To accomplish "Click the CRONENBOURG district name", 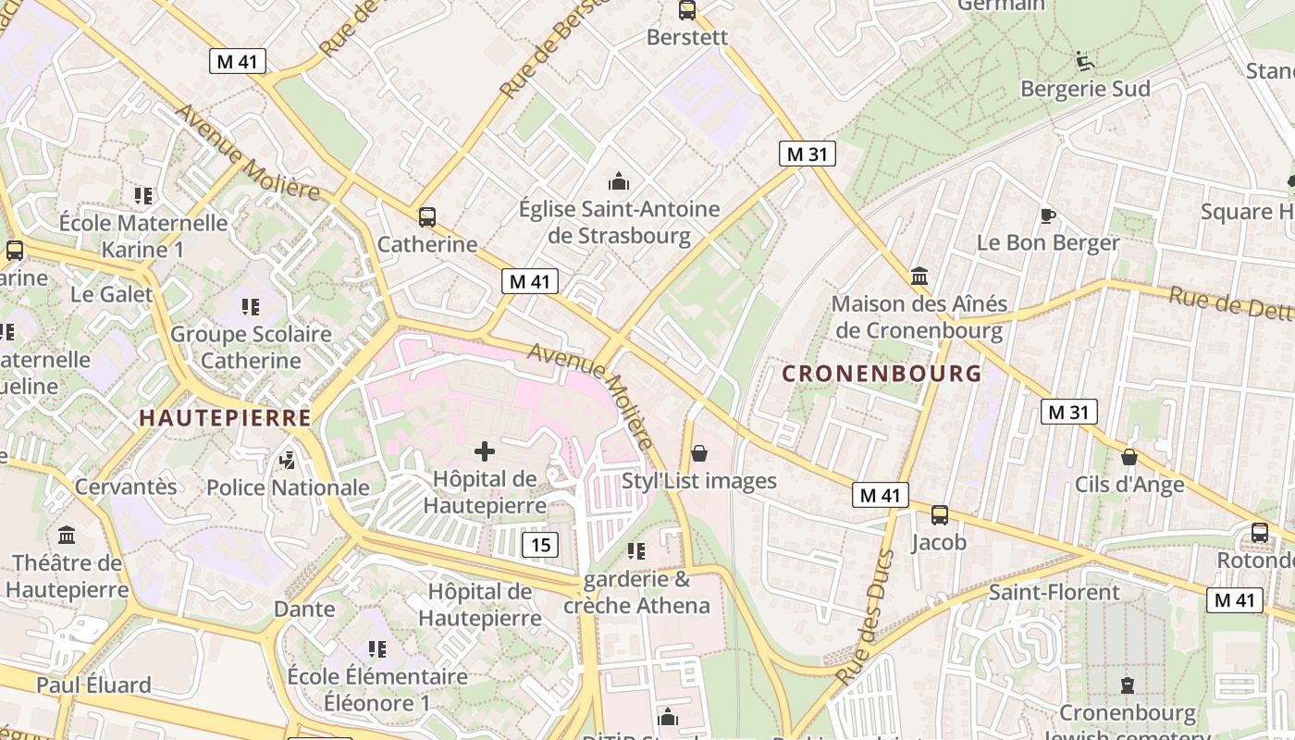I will (881, 374).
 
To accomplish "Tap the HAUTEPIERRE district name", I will (225, 418).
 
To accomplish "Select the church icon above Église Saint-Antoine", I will (619, 181).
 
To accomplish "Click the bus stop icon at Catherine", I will (426, 217).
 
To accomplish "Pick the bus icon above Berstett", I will (686, 10).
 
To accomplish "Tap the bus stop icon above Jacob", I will (939, 515).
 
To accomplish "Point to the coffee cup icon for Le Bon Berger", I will (1047, 216).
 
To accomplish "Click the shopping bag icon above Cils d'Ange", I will (1128, 457).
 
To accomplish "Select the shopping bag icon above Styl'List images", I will (699, 452).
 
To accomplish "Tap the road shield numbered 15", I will (540, 545).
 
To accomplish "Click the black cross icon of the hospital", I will (484, 451).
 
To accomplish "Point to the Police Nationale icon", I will (288, 460).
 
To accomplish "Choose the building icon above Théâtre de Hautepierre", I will (67, 535).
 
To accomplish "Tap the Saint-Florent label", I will (1054, 592).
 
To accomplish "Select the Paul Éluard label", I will (93, 685).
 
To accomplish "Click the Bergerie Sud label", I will (1085, 89).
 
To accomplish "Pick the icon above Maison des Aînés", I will (919, 276).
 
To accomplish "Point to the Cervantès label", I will (126, 487).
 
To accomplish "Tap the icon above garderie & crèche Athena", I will (636, 551).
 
